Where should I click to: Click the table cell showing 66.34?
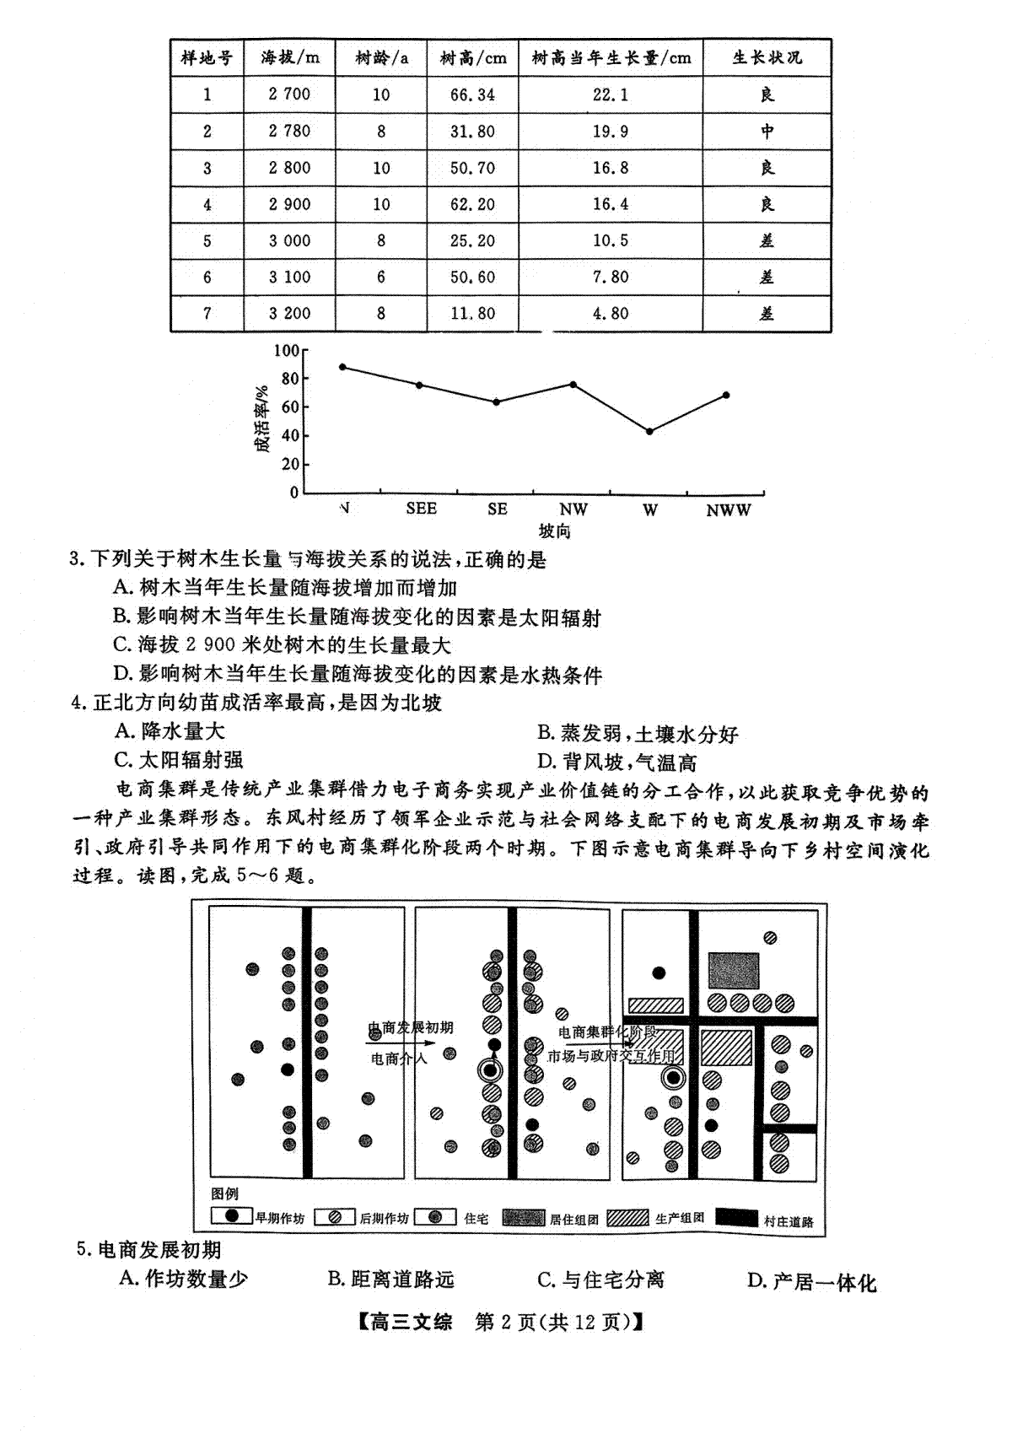point(472,94)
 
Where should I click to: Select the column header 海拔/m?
point(290,57)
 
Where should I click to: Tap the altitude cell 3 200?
point(290,314)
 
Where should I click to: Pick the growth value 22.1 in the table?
point(611,94)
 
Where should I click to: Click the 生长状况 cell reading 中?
point(767,131)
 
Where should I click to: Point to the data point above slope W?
point(650,431)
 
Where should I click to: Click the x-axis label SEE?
point(421,509)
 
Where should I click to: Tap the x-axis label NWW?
point(728,510)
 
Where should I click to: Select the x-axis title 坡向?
point(554,531)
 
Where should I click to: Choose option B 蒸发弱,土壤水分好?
point(638,733)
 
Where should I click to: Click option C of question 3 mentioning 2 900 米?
point(283,645)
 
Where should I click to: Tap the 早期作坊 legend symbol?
point(232,1215)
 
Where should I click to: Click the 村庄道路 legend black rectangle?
point(736,1217)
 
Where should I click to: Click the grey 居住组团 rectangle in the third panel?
point(733,970)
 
